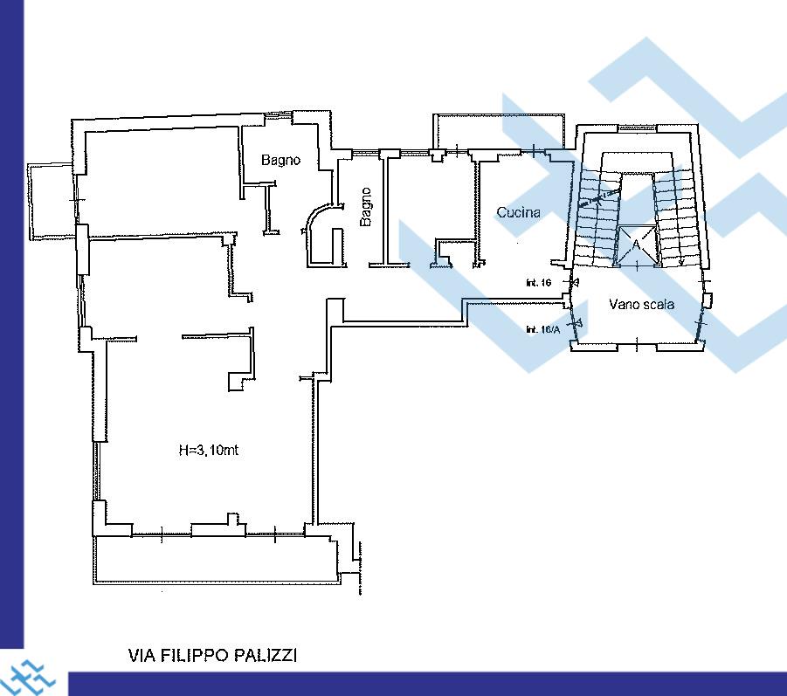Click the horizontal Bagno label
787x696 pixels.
280,160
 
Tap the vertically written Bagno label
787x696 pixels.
366,207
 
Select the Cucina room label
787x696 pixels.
519,212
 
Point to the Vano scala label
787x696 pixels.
641,304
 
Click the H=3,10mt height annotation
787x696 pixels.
209,450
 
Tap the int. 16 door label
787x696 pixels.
539,283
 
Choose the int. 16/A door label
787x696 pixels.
542,330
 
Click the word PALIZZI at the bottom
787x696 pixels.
271,655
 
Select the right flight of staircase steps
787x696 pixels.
678,217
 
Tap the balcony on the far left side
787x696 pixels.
51,201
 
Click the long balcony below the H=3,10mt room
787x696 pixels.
216,560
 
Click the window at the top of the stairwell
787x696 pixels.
638,129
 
